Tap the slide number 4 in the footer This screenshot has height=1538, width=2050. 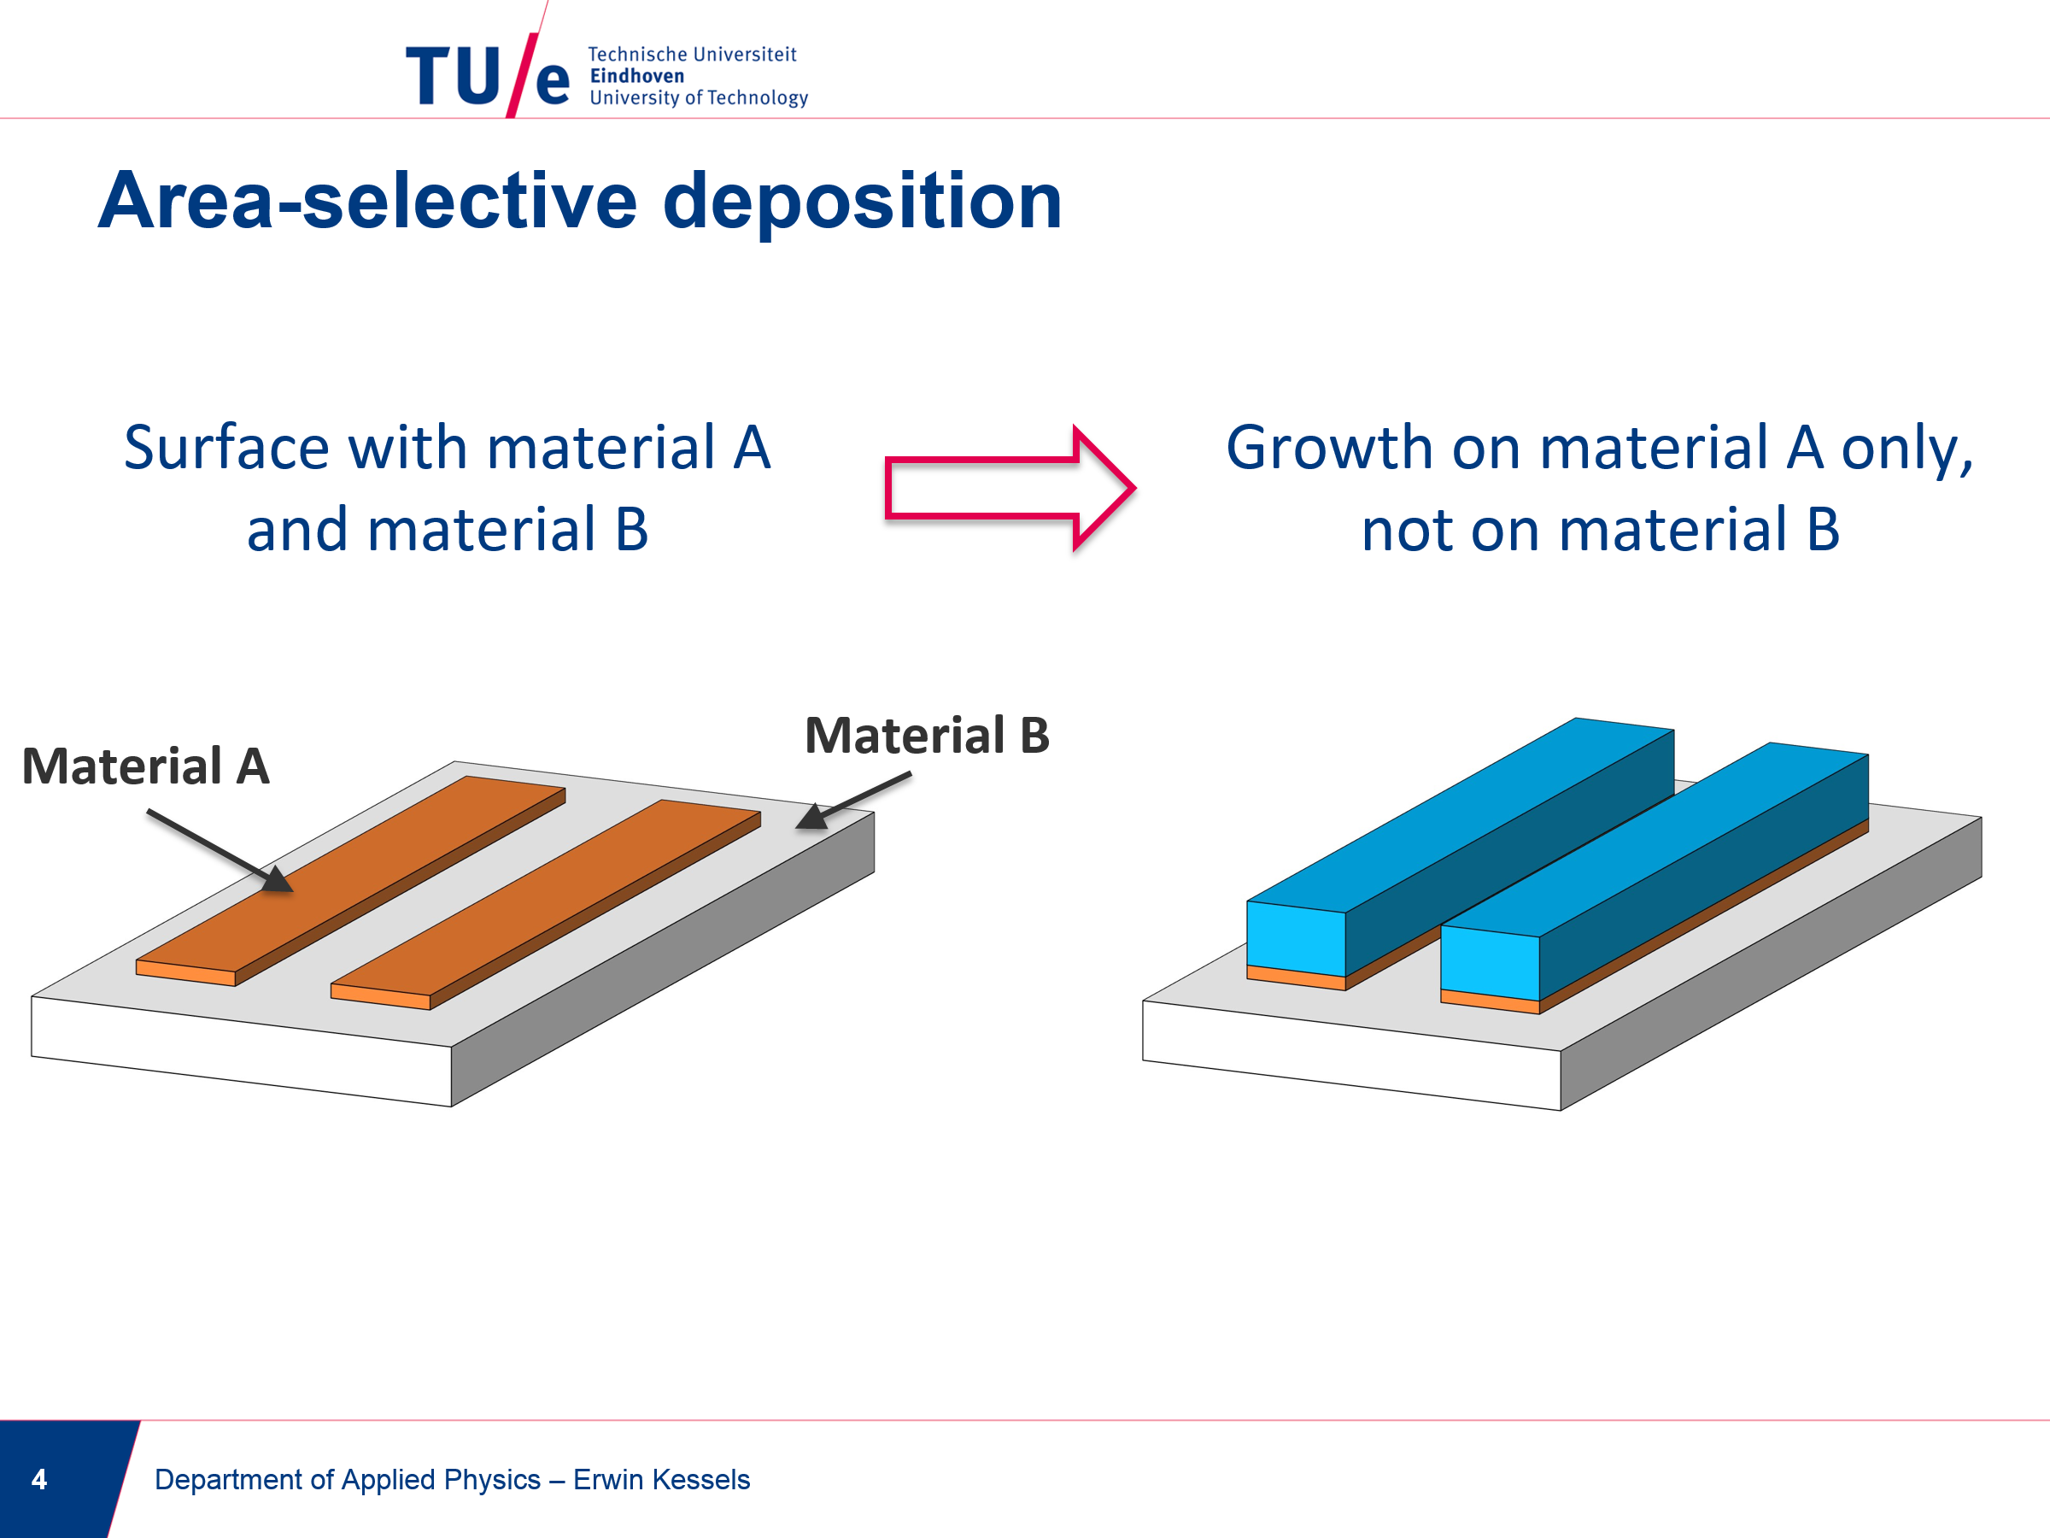click(x=39, y=1479)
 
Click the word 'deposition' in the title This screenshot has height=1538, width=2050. click(x=862, y=203)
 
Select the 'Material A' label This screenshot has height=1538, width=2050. click(x=145, y=766)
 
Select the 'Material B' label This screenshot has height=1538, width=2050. click(x=927, y=735)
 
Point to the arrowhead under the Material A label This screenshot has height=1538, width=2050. click(x=276, y=879)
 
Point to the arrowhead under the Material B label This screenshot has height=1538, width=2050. click(x=811, y=816)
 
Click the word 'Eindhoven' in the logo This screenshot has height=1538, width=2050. click(x=636, y=76)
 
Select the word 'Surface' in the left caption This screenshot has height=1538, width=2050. click(x=228, y=448)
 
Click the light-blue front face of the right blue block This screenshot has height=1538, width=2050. click(x=1491, y=963)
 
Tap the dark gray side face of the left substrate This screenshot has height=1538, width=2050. click(x=663, y=960)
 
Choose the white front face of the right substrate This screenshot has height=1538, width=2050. click(x=1351, y=1055)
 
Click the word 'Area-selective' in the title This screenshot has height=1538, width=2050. click(x=368, y=203)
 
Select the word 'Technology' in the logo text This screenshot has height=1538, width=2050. click(x=757, y=98)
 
